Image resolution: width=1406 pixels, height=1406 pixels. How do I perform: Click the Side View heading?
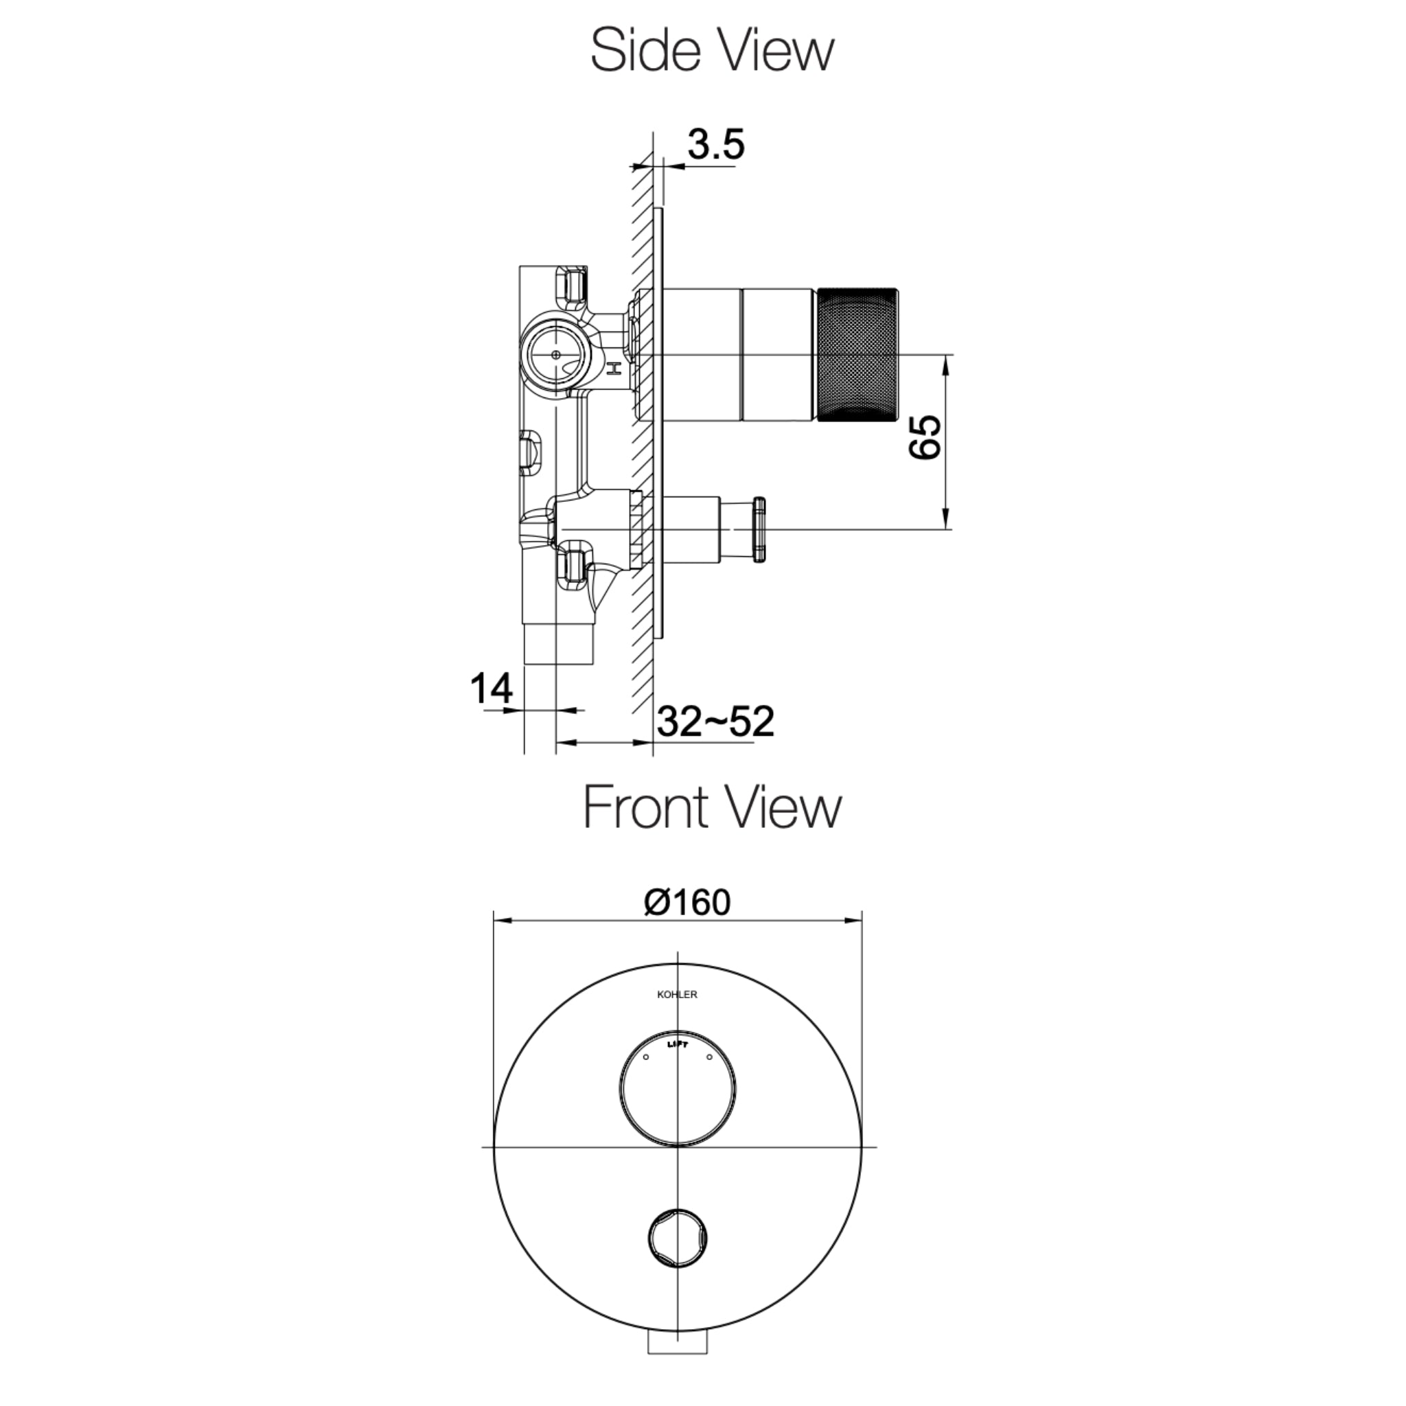(712, 50)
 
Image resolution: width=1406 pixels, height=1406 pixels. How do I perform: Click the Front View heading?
(712, 808)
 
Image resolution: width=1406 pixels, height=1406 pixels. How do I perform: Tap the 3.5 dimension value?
(716, 144)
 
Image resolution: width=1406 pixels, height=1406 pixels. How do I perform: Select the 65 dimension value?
(925, 437)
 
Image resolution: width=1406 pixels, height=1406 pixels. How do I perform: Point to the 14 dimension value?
(492, 688)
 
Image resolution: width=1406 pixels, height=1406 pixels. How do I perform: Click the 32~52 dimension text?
(715, 722)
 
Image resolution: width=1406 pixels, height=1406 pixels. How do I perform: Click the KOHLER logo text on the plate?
(677, 995)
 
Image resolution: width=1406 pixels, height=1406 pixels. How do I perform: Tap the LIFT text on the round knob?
(677, 1044)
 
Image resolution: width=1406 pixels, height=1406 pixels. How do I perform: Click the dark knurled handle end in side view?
(857, 354)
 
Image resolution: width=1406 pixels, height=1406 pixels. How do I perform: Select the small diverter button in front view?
(678, 1238)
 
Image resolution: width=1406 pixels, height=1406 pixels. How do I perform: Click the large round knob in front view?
(677, 1088)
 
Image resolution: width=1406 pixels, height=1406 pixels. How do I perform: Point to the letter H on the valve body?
(615, 369)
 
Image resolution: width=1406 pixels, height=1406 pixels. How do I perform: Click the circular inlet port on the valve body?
(556, 354)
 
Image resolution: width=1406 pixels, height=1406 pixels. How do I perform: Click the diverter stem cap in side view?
(759, 529)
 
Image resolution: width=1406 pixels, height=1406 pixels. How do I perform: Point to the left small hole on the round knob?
(645, 1057)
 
